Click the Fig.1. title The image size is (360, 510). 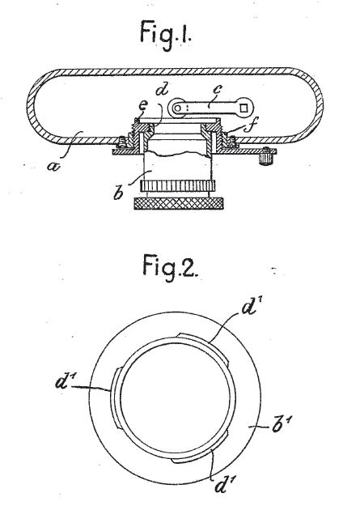pos(166,35)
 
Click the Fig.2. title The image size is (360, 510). pos(169,267)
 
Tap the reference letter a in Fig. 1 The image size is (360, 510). pos(53,167)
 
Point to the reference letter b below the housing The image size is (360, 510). pos(118,192)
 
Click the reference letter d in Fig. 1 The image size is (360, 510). pos(162,89)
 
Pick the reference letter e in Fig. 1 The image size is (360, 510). pos(143,104)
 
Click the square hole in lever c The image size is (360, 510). pos(244,106)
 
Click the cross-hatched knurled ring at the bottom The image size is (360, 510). pos(179,203)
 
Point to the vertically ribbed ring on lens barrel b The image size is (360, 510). pos(178,185)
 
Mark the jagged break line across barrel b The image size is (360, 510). pos(177,154)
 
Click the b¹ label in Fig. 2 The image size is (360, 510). pos(281,426)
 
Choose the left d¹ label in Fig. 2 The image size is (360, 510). pos(65,381)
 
